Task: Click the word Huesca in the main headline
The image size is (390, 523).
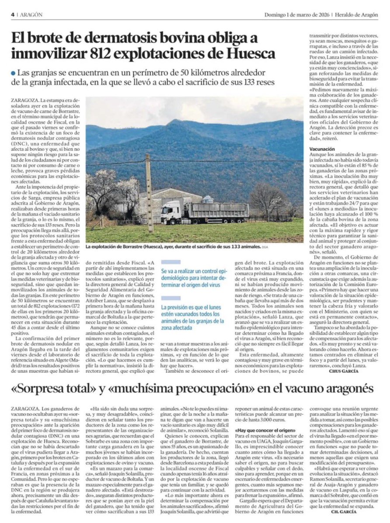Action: [x=250, y=54]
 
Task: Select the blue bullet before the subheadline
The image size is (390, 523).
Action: [x=14, y=72]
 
